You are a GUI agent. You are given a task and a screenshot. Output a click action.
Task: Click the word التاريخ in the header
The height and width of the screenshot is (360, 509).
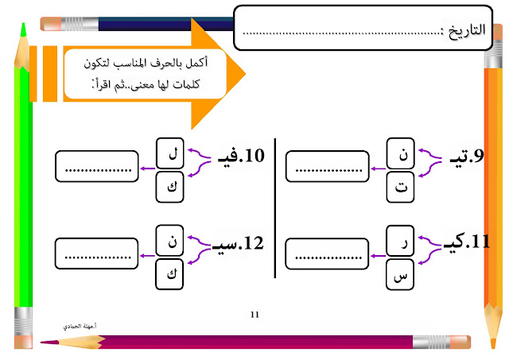click(465, 33)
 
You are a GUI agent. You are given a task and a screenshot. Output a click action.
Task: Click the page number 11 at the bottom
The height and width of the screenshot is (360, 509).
click(254, 315)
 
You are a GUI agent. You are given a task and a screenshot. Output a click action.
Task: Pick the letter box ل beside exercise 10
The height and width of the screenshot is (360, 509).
click(172, 149)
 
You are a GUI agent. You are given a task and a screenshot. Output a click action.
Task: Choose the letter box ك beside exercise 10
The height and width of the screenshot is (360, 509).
click(172, 186)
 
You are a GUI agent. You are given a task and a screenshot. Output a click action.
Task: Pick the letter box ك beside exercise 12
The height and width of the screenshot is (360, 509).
click(172, 274)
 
